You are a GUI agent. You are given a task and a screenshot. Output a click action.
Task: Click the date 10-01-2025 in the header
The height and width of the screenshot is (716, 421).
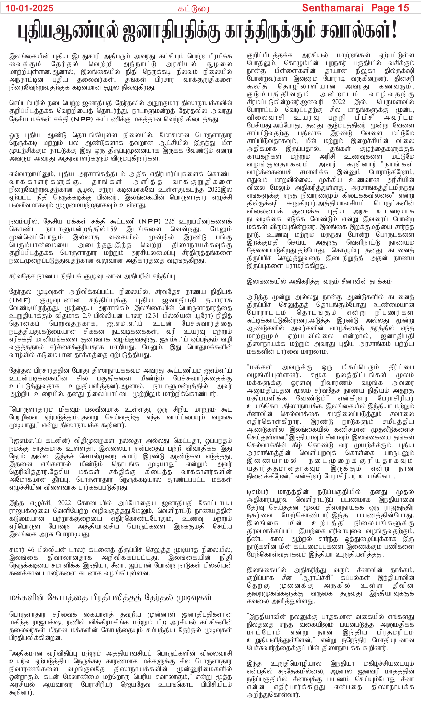tap(29, 8)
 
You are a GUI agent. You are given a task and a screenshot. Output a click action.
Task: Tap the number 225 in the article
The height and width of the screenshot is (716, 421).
tap(170, 221)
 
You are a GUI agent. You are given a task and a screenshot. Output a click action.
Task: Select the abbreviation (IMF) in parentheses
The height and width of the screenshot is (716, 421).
tap(20, 300)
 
